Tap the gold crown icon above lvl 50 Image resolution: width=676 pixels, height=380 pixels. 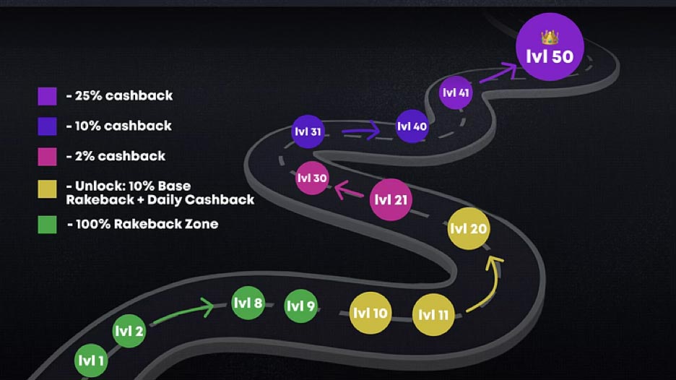pyautogui.click(x=550, y=35)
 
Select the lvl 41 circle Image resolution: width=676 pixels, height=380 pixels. pyautogui.click(x=455, y=92)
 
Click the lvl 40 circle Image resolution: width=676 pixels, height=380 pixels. pyautogui.click(x=412, y=126)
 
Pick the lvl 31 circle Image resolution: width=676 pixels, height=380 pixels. pyautogui.click(x=308, y=131)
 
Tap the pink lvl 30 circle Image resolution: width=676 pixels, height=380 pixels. pyautogui.click(x=312, y=178)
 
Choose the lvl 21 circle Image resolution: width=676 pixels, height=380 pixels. pyautogui.click(x=391, y=199)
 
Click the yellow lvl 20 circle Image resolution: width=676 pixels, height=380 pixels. pyautogui.click(x=469, y=229)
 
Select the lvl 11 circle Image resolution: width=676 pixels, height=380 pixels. pyautogui.click(x=434, y=315)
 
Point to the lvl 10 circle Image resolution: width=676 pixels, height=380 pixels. pyautogui.click(x=370, y=314)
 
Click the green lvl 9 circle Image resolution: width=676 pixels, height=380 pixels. pyautogui.click(x=300, y=306)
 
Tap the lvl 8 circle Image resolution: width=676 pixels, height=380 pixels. pyautogui.click(x=248, y=303)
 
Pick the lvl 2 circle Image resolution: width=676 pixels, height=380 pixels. pyautogui.click(x=129, y=332)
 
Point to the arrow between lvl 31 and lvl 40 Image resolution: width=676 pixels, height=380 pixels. pyautogui.click(x=359, y=131)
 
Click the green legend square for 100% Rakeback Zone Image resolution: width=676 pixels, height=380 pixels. pyautogui.click(x=47, y=224)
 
